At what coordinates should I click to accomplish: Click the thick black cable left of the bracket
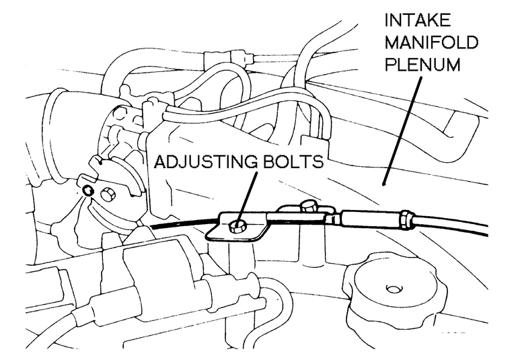[182, 225]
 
